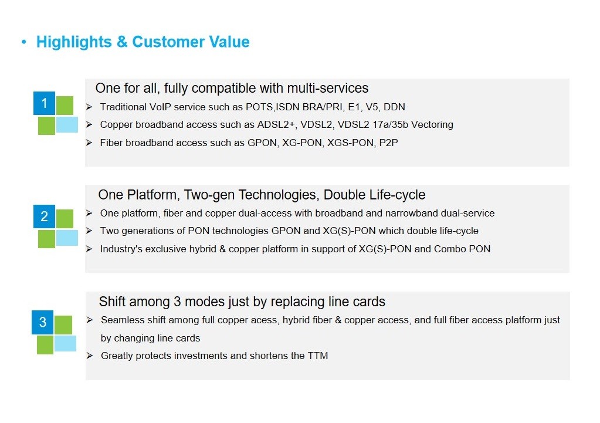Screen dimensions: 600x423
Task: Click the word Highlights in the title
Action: pyautogui.click(x=74, y=42)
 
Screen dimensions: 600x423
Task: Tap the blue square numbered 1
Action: pyautogui.click(x=45, y=103)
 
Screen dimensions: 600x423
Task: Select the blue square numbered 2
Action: pyautogui.click(x=45, y=216)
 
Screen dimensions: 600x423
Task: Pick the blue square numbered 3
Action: pyautogui.click(x=42, y=322)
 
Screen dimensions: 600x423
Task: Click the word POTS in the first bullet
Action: pyautogui.click(x=259, y=107)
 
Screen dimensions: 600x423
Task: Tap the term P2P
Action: pyautogui.click(x=388, y=143)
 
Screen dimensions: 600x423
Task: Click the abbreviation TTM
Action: pyautogui.click(x=318, y=356)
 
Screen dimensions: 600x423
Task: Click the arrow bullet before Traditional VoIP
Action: pyautogui.click(x=89, y=107)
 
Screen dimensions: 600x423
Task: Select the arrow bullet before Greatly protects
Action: pyautogui.click(x=90, y=356)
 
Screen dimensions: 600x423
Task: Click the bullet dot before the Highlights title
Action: pyautogui.click(x=24, y=42)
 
